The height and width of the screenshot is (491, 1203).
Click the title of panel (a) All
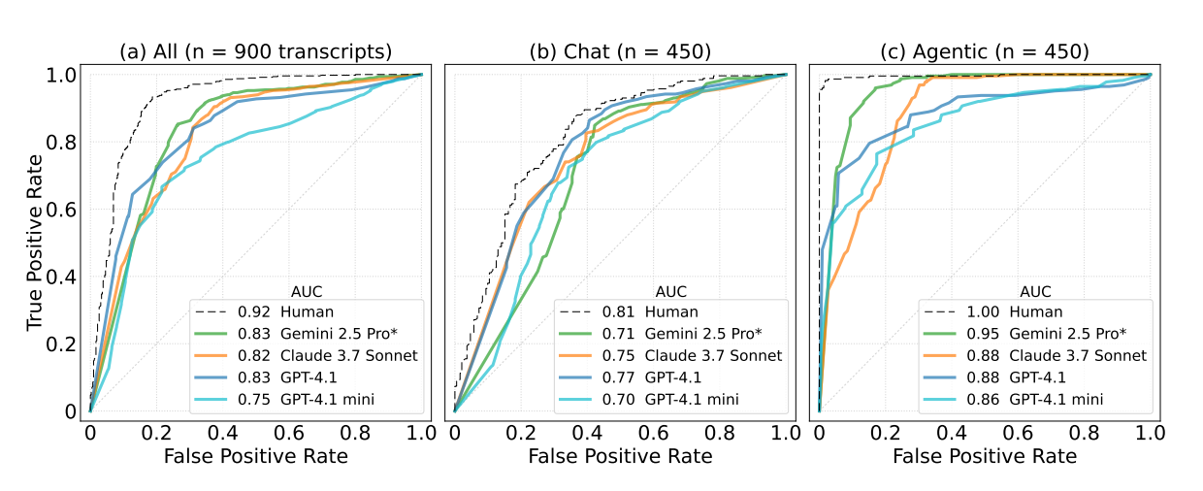tap(255, 51)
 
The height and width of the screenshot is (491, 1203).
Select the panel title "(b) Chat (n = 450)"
tap(620, 51)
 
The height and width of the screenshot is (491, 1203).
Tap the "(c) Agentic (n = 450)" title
tap(984, 51)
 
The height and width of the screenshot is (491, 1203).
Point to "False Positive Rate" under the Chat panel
tap(620, 455)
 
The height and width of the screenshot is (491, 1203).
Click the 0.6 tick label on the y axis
tap(64, 209)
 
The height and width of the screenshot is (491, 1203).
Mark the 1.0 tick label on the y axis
tap(64, 75)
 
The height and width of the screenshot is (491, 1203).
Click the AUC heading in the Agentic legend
tap(1037, 290)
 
